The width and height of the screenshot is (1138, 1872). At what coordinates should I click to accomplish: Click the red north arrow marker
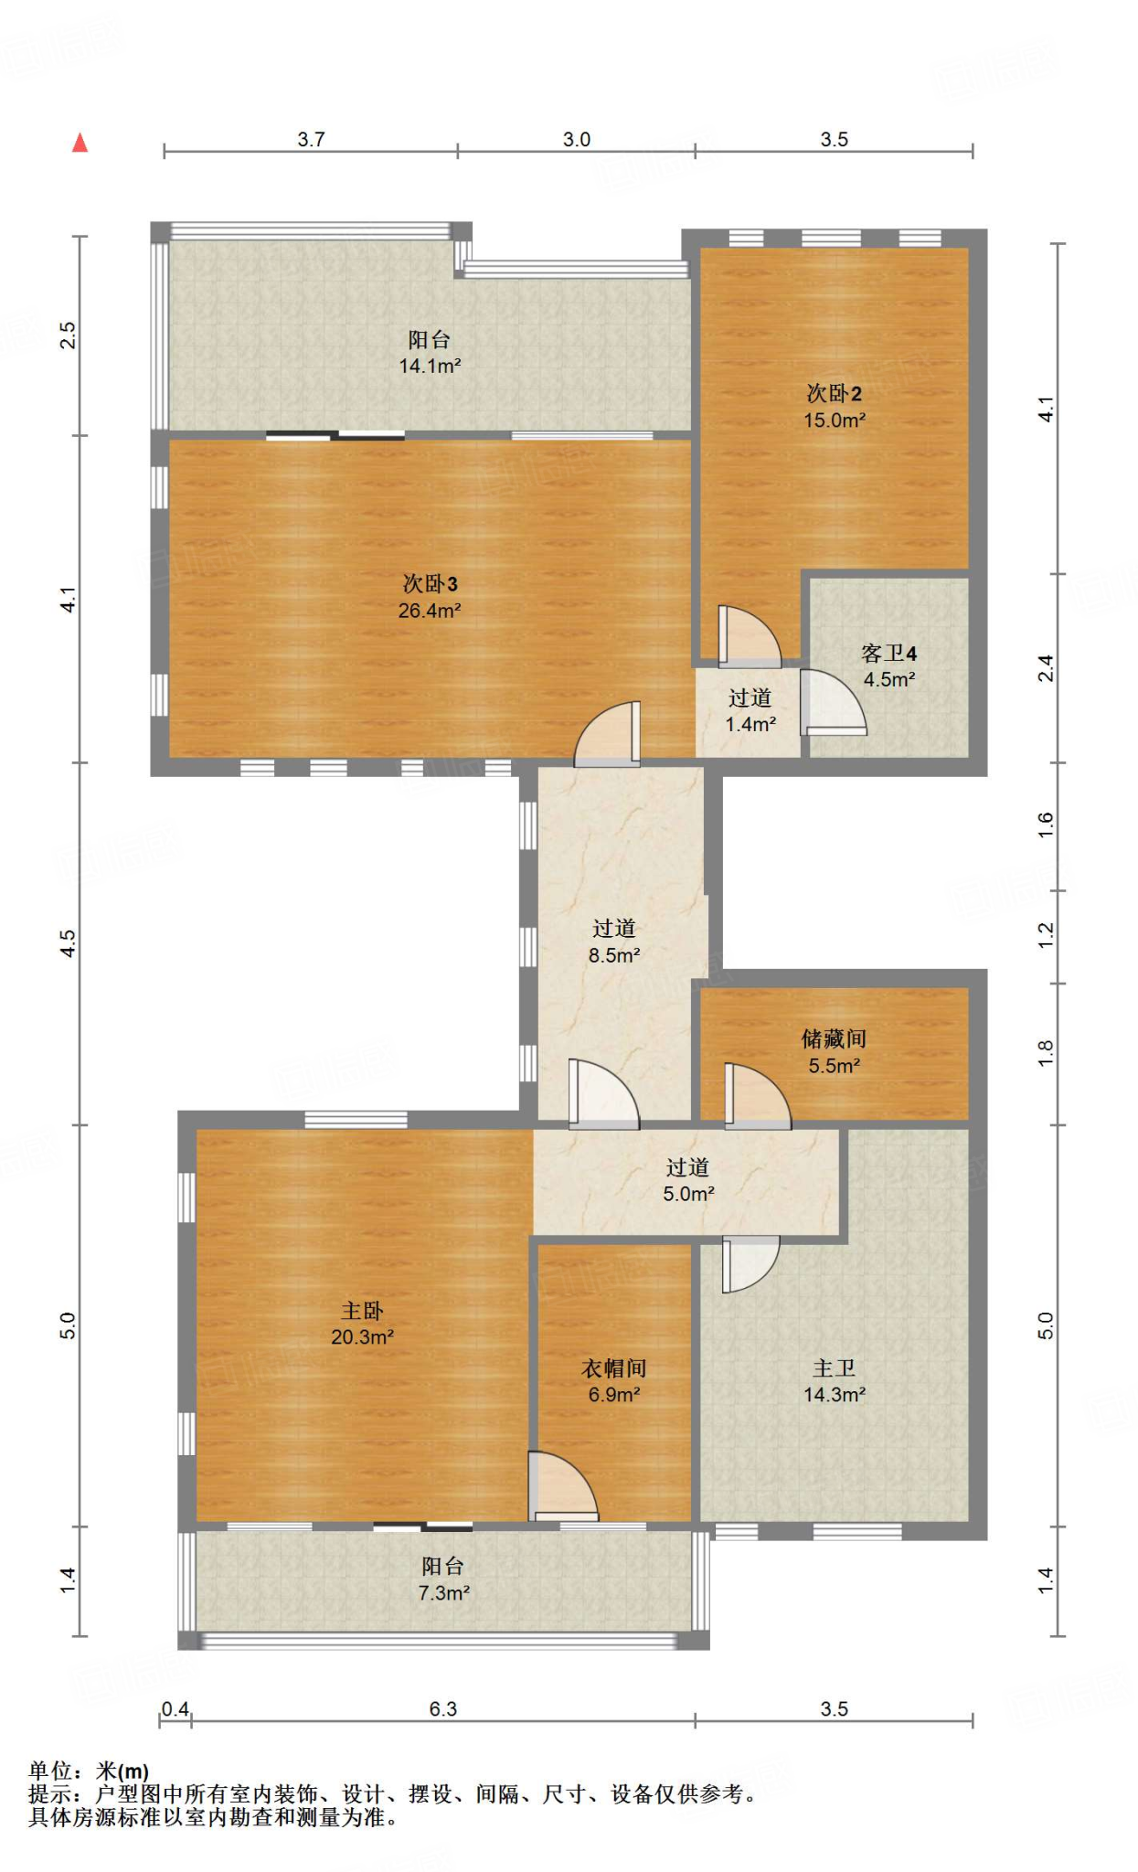tap(80, 143)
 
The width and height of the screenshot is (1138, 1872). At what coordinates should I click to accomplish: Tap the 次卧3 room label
tap(430, 583)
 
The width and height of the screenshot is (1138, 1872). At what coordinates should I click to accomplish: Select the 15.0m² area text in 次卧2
tap(835, 420)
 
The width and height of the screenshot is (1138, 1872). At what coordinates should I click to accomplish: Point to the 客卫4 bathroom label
tap(888, 654)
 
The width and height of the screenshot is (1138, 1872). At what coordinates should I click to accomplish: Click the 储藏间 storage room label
tap(834, 1038)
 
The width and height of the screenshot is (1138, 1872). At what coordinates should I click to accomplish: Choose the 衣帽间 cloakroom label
tap(614, 1368)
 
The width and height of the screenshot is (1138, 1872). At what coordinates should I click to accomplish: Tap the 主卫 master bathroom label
tap(835, 1368)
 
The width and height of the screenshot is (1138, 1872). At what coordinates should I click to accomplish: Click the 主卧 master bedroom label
tap(362, 1311)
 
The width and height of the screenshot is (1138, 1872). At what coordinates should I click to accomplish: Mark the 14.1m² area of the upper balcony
tap(430, 367)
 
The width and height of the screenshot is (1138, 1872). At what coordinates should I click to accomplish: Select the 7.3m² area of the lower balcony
tap(444, 1593)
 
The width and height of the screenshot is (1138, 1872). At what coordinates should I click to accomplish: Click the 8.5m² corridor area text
tap(614, 956)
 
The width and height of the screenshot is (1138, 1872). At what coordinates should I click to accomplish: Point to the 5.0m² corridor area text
tap(688, 1194)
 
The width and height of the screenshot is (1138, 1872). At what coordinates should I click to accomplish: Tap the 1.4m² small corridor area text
tap(750, 725)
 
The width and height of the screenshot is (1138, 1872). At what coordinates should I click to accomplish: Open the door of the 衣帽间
tap(563, 1485)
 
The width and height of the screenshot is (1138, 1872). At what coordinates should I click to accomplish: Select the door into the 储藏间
tap(758, 1096)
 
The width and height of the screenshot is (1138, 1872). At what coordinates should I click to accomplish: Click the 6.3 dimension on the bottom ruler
tap(443, 1709)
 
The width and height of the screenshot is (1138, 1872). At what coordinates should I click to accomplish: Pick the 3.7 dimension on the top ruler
tap(311, 139)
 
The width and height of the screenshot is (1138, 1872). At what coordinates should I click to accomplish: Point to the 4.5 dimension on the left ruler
tap(68, 943)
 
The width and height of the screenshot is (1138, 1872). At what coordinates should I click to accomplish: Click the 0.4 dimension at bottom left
tap(175, 1709)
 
